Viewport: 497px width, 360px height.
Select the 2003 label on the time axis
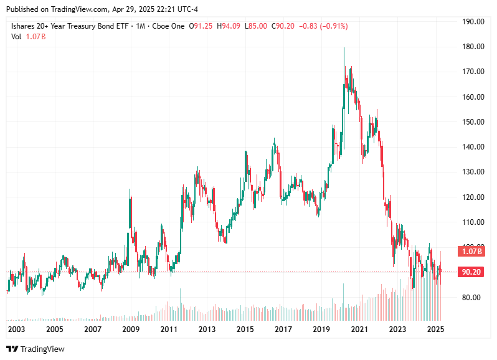point(17,329)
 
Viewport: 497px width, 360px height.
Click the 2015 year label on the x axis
point(245,329)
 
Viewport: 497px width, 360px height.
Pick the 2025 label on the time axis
point(436,329)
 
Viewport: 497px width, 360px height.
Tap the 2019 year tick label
point(321,329)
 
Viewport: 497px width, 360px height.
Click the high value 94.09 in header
point(233,26)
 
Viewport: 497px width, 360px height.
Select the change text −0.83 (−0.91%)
point(323,26)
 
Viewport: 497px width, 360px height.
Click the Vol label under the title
point(17,37)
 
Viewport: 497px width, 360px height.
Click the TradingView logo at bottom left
point(35,349)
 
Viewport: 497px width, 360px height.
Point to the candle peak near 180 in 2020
point(344,49)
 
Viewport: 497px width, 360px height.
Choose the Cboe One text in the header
point(169,26)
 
